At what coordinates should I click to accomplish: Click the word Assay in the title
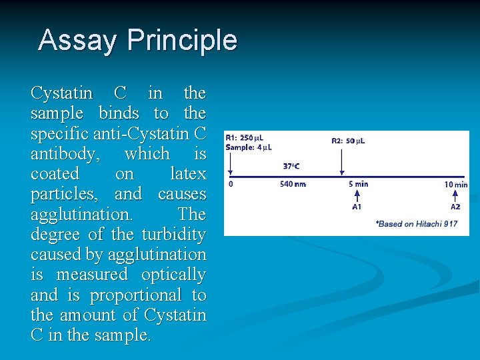click(79, 40)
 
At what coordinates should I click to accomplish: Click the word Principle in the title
click(183, 41)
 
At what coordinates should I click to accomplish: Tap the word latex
click(187, 174)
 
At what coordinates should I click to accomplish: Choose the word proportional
click(135, 295)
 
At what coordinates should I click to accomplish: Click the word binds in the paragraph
click(119, 113)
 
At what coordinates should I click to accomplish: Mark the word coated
click(55, 174)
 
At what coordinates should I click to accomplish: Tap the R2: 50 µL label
click(348, 141)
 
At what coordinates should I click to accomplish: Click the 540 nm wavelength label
click(293, 184)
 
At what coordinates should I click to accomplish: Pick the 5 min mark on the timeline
click(358, 184)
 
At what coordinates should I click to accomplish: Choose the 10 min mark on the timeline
click(456, 185)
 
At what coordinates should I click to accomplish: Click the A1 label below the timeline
click(357, 207)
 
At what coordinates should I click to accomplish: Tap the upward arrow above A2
click(455, 195)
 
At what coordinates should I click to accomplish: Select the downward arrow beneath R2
click(341, 161)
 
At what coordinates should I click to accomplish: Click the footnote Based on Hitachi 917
click(417, 224)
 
